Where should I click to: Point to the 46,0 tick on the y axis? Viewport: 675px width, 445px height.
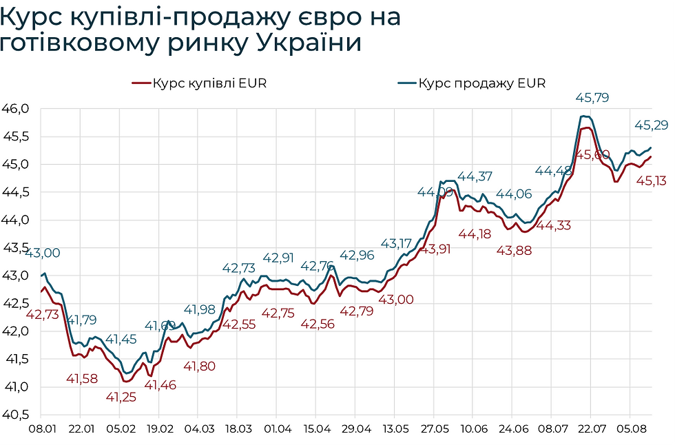pyautogui.click(x=16, y=108)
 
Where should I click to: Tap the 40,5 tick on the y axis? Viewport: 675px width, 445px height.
pyautogui.click(x=16, y=415)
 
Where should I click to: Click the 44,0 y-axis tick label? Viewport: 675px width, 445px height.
pyautogui.click(x=16, y=220)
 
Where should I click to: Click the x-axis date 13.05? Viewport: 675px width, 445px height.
pyautogui.click(x=394, y=428)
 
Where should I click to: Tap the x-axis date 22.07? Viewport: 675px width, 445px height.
pyautogui.click(x=590, y=428)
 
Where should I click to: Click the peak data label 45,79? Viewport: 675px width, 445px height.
pyautogui.click(x=592, y=98)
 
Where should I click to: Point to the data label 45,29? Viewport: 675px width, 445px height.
pyautogui.click(x=650, y=125)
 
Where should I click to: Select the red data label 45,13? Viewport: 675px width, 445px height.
pyautogui.click(x=650, y=181)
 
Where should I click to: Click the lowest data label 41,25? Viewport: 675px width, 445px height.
pyautogui.click(x=121, y=396)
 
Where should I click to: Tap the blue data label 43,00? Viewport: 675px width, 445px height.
pyautogui.click(x=43, y=253)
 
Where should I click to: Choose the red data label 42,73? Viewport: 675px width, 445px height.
pyautogui.click(x=43, y=314)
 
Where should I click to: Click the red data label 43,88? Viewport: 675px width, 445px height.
pyautogui.click(x=514, y=251)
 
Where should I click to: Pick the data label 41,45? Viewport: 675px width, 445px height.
pyautogui.click(x=121, y=340)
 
